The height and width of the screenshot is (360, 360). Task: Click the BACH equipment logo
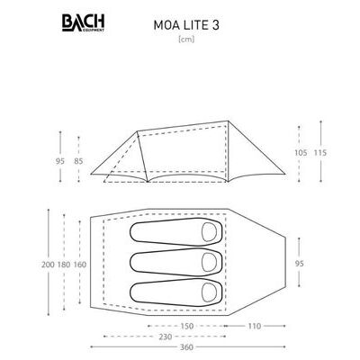coord(83,23)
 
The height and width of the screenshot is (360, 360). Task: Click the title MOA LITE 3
coord(186,25)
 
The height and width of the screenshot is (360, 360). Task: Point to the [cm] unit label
coord(186,40)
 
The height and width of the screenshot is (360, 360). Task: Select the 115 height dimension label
coord(320,153)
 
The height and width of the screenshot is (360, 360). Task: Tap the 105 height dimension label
coord(301,153)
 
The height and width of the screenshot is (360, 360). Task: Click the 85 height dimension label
coord(78,161)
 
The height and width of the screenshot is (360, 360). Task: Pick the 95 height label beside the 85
coord(60,161)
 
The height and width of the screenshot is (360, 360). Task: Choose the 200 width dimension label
coord(48,265)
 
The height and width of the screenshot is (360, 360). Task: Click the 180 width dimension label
coord(64,265)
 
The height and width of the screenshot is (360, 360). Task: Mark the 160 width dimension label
coord(79,265)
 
